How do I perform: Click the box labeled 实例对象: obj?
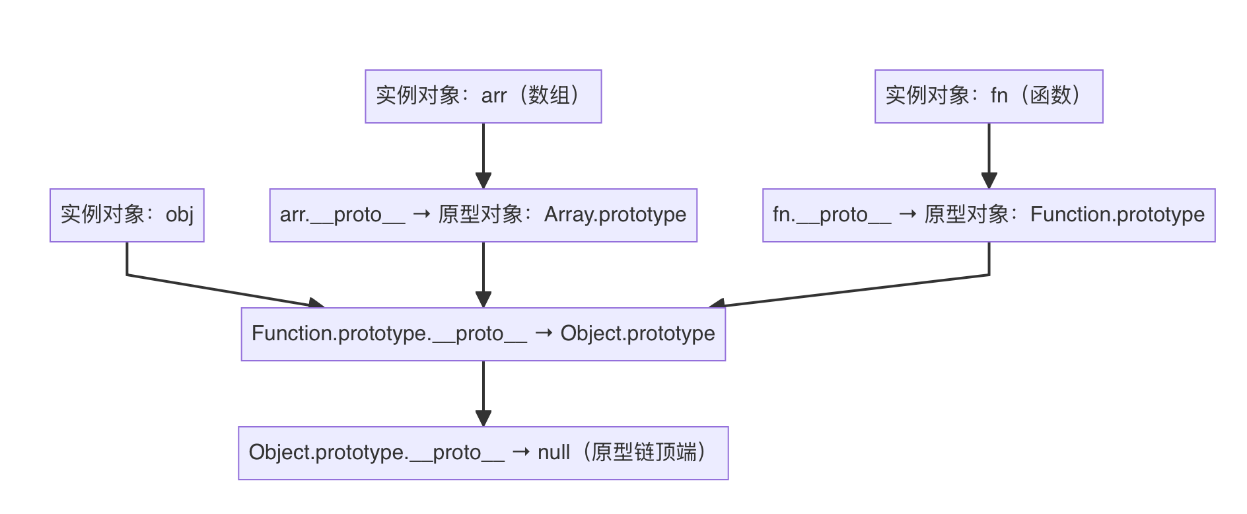click(x=127, y=215)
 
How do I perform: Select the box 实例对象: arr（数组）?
click(x=483, y=96)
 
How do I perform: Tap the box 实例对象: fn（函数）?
click(x=988, y=96)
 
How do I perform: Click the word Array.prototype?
click(x=615, y=215)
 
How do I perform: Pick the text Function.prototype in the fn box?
click(x=1117, y=215)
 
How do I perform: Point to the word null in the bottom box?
click(x=553, y=453)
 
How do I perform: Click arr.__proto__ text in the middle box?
click(x=342, y=215)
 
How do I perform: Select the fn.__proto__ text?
click(x=832, y=215)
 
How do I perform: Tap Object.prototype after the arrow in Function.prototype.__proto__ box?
click(x=637, y=334)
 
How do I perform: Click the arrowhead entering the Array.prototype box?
click(x=483, y=181)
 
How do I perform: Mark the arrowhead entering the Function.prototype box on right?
click(x=989, y=181)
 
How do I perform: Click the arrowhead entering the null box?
click(x=483, y=419)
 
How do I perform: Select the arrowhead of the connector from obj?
click(x=316, y=303)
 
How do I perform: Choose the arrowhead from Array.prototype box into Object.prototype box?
click(x=483, y=300)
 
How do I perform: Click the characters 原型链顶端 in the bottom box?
click(x=644, y=453)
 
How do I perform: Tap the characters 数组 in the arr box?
click(x=549, y=96)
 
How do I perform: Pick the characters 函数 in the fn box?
click(x=1050, y=96)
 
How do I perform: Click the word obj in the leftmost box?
click(x=180, y=215)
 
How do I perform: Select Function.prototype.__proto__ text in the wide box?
click(x=389, y=334)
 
